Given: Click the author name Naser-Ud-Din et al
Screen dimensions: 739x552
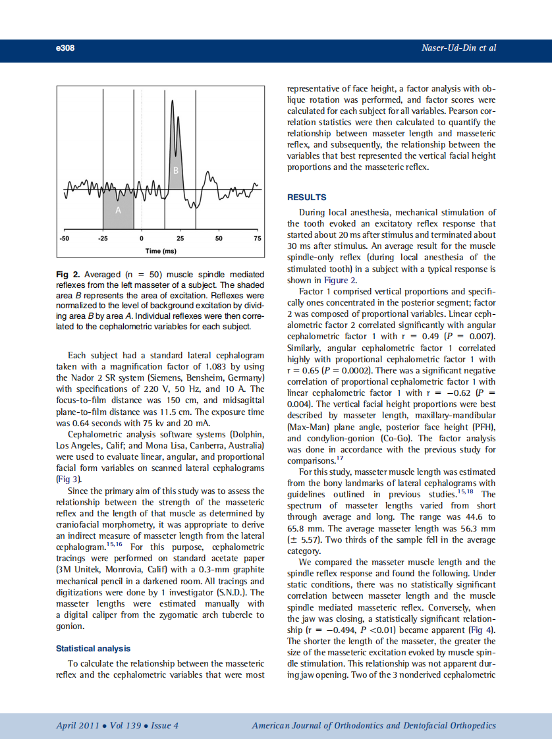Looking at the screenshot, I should click(x=458, y=48).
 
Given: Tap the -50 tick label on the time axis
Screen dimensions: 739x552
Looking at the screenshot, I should click(x=64, y=238).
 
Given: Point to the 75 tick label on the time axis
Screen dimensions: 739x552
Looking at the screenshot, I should click(x=257, y=238).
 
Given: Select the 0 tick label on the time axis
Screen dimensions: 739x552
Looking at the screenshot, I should click(x=142, y=238).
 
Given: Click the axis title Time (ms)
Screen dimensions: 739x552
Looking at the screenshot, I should click(x=161, y=251).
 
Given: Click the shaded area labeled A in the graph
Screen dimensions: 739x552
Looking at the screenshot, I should click(x=119, y=211).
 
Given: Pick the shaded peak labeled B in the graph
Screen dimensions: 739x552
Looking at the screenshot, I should click(x=176, y=171).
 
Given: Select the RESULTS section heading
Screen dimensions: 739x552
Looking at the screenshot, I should click(x=306, y=197).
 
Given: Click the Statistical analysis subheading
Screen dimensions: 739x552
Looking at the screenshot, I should click(x=93, y=649).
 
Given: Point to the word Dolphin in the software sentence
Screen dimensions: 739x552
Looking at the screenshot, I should click(x=246, y=434).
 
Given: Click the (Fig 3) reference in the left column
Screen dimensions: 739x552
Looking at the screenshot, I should click(x=68, y=479).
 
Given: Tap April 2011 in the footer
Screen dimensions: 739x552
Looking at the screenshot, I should click(x=78, y=725).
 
